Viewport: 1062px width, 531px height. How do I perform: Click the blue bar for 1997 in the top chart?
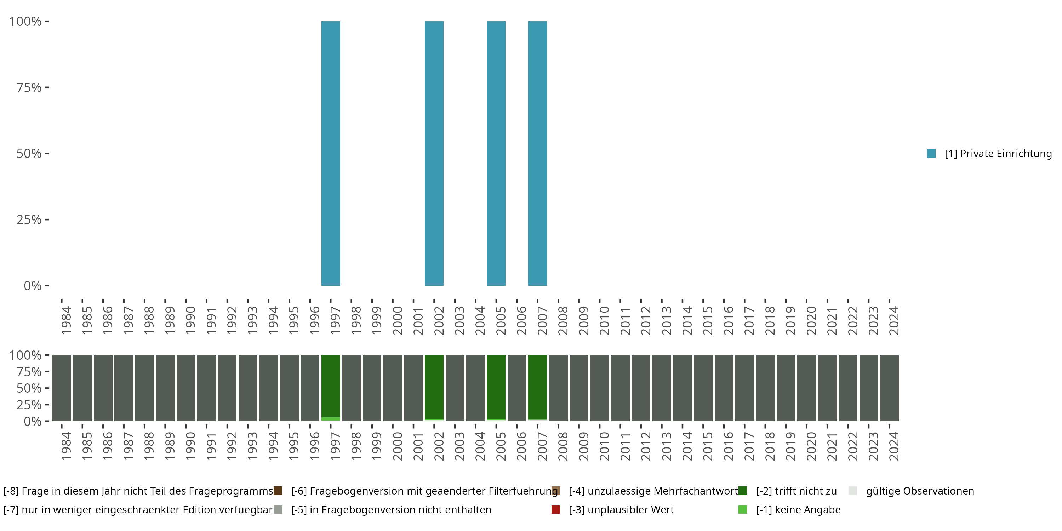[331, 153]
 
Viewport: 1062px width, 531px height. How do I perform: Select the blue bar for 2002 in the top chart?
[434, 153]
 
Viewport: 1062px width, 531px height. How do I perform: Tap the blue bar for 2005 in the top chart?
[496, 153]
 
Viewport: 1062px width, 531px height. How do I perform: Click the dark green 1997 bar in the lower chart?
[331, 386]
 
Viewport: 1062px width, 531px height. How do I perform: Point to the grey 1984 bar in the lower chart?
[62, 388]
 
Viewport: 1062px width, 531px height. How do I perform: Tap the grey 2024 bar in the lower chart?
[889, 388]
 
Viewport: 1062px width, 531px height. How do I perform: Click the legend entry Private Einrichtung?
[998, 154]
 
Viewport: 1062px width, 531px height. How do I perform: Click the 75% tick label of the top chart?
[29, 87]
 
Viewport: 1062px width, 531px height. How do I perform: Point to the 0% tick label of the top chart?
[33, 286]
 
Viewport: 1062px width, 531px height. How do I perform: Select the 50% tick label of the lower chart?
[29, 388]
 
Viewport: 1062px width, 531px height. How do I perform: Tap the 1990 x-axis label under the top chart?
[190, 320]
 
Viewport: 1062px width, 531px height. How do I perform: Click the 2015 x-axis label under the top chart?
[707, 320]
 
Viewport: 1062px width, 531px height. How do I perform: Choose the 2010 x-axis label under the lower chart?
[604, 446]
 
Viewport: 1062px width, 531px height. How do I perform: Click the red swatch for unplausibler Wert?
[556, 509]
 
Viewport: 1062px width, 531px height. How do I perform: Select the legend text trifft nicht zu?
[796, 491]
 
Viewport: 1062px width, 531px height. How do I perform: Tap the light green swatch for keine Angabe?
[742, 509]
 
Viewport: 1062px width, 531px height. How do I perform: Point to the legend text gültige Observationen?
[920, 491]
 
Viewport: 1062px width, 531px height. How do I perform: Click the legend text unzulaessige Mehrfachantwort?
[653, 491]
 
